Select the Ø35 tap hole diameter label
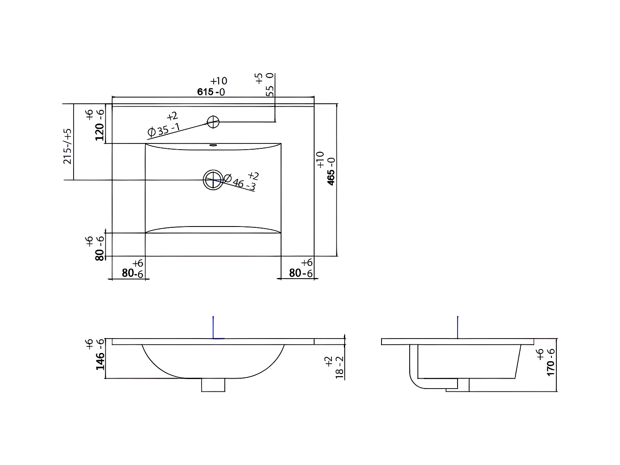coord(164,130)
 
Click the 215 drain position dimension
coord(67,146)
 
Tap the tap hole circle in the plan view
coord(213,122)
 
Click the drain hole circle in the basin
coord(213,180)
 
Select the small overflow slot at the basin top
coord(213,145)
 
